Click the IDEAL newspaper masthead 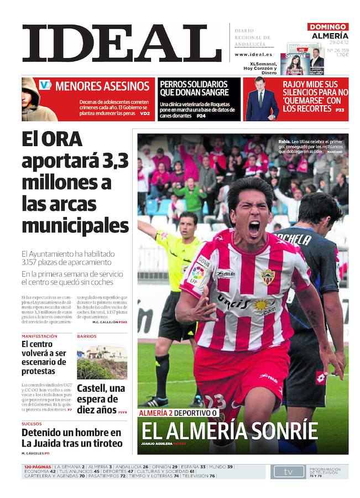122,43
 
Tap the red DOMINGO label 328,27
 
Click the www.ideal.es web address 253,55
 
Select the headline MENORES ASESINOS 102,86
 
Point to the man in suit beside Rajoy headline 261,100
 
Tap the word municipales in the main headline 75,225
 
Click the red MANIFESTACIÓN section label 39,336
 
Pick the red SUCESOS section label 35,423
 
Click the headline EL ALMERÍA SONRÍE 229,430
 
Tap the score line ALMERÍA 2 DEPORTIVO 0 178,413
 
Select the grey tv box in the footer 288,471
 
